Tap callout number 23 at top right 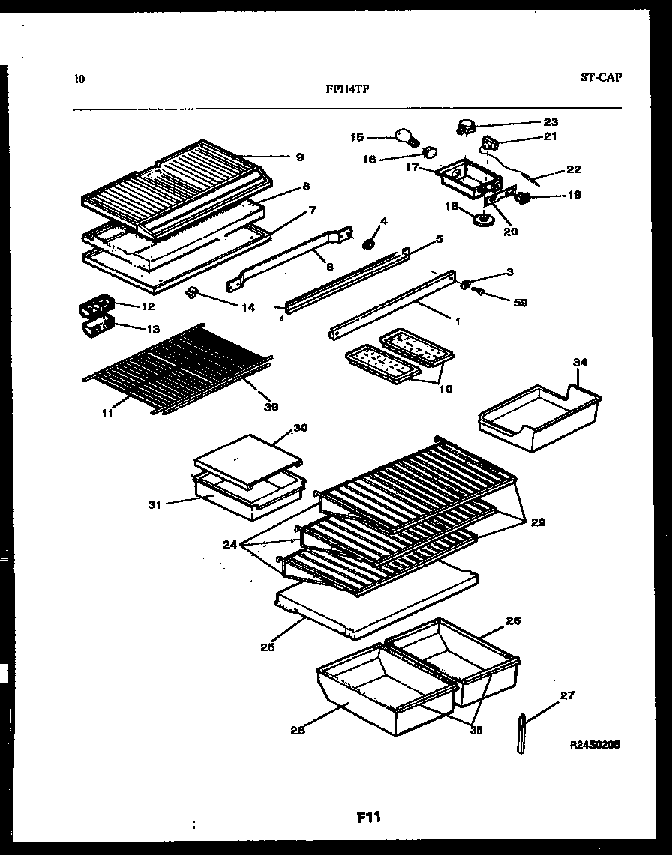click(551, 121)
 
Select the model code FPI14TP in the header click(346, 87)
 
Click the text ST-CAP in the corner click(601, 76)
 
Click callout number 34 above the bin click(580, 362)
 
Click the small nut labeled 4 click(369, 244)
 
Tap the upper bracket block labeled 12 click(94, 306)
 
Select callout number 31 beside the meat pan click(155, 504)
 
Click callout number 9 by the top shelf click(299, 157)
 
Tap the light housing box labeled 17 click(466, 177)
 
